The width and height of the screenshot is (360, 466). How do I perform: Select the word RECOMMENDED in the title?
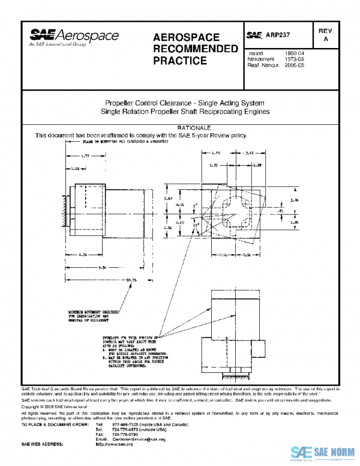coord(196,49)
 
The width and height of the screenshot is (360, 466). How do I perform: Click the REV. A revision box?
coord(326,34)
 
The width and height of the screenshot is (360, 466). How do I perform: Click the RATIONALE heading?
coord(194,129)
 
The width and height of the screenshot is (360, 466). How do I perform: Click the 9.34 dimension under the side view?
coord(103,267)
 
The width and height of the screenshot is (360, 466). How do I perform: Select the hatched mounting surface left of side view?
coord(64,213)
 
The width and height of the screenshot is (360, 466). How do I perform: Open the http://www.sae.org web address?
coord(114,444)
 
